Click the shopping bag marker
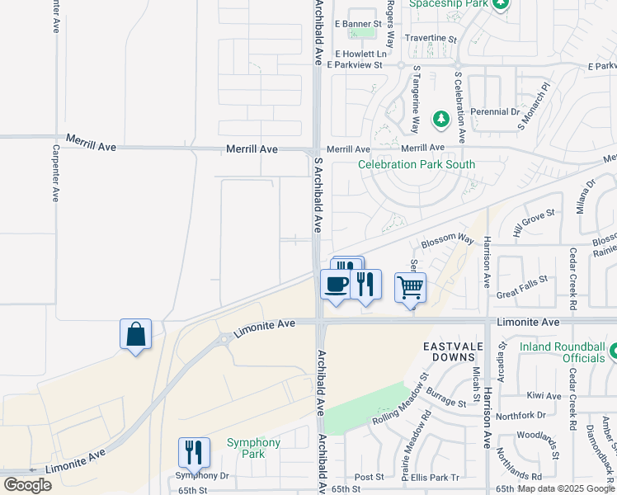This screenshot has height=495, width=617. coord(135,335)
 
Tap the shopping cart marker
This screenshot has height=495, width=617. coord(410,288)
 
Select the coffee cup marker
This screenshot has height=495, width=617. coord(335,285)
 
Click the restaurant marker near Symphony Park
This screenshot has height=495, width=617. coord(194,453)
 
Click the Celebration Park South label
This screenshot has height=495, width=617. coord(417,164)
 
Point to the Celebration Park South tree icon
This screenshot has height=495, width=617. coord(440,120)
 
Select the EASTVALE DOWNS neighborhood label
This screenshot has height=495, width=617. coord(450,351)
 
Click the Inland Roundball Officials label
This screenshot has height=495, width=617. coord(562,352)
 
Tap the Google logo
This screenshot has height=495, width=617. coord(28,484)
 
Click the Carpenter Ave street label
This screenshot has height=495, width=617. coord(56,173)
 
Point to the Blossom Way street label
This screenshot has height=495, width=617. coord(448,240)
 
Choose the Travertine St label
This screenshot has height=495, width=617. coord(430,38)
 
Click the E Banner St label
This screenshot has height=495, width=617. coord(358,24)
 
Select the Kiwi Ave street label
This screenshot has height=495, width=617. coord(544,396)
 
